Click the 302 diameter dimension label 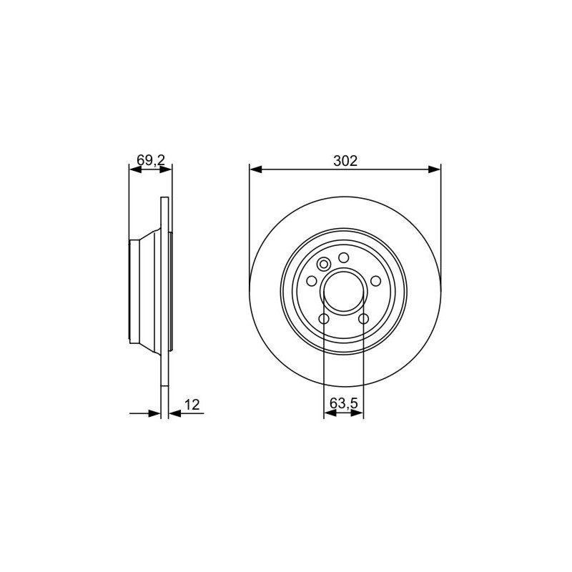tap(345, 161)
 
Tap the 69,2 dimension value tap(151, 159)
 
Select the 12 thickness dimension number tap(192, 405)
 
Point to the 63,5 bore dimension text tap(344, 403)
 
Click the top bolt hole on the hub tap(344, 258)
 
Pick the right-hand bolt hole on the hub tap(375, 281)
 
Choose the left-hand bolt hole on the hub tap(312, 281)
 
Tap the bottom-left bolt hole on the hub tap(324, 319)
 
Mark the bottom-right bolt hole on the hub tap(363, 319)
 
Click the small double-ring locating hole tap(324, 264)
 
